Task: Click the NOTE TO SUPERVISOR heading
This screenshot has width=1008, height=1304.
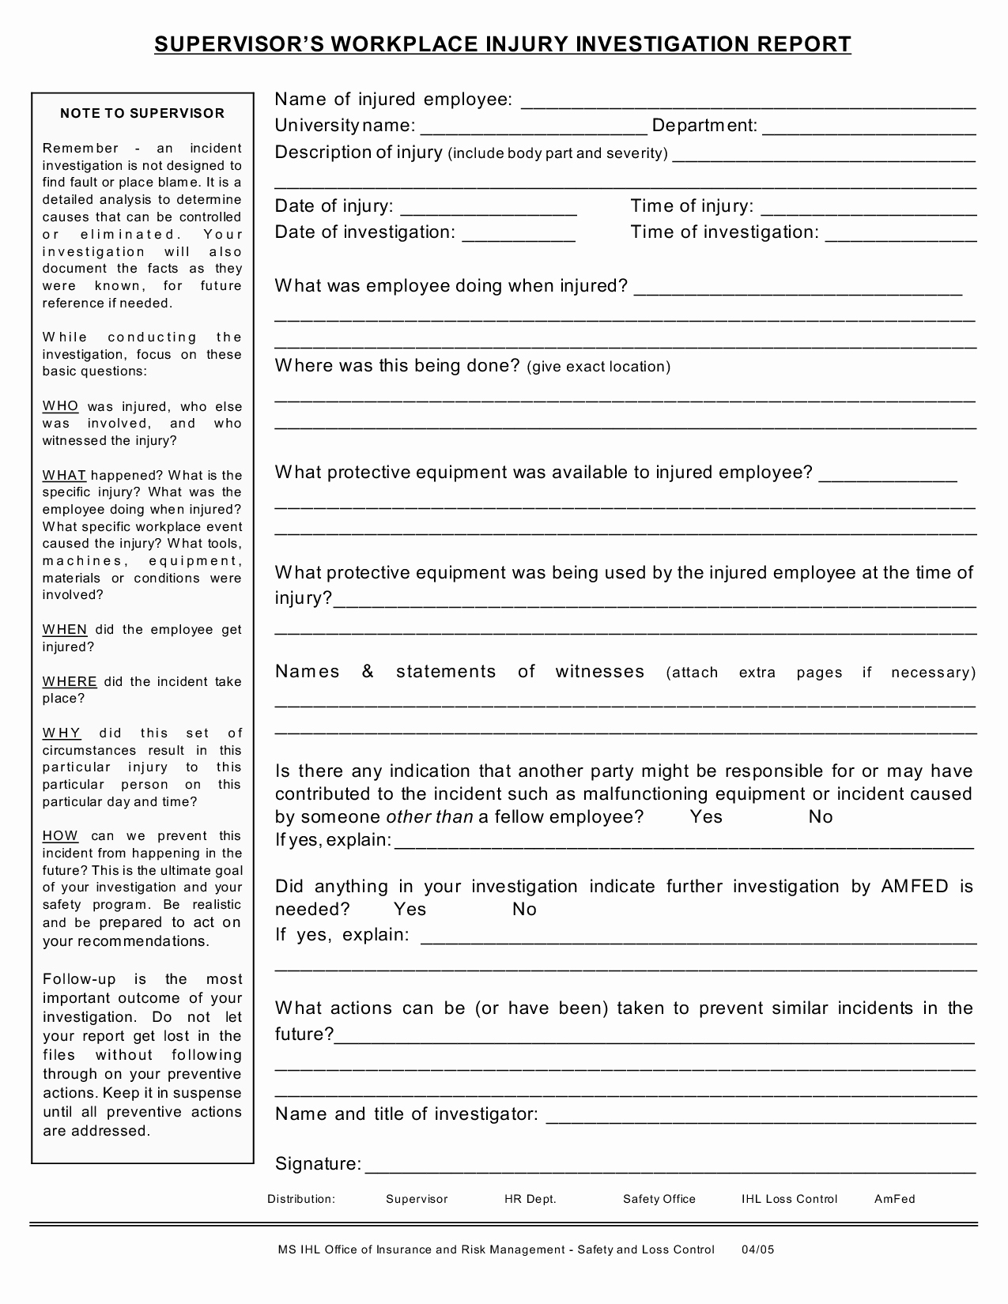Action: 142,113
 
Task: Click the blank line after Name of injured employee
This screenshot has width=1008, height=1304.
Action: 747,103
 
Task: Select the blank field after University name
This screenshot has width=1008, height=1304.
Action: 534,129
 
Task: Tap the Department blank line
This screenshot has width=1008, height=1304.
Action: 869,129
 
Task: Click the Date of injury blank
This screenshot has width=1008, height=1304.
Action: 489,209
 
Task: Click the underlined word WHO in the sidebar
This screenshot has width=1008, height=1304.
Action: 60,406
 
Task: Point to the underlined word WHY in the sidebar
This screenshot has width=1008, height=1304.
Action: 61,733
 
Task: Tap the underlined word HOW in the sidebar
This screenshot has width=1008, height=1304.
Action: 60,836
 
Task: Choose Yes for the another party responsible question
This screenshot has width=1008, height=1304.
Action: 706,817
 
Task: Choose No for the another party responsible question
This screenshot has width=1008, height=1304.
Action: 821,817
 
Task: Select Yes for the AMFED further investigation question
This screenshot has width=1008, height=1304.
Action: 410,910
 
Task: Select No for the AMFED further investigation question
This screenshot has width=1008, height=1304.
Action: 524,910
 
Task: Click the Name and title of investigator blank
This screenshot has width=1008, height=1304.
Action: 761,1117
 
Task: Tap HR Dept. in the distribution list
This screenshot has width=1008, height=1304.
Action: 530,1199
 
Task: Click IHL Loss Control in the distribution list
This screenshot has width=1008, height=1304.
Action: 789,1199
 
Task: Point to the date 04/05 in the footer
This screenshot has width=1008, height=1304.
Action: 757,1249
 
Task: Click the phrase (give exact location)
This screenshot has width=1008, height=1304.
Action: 598,367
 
